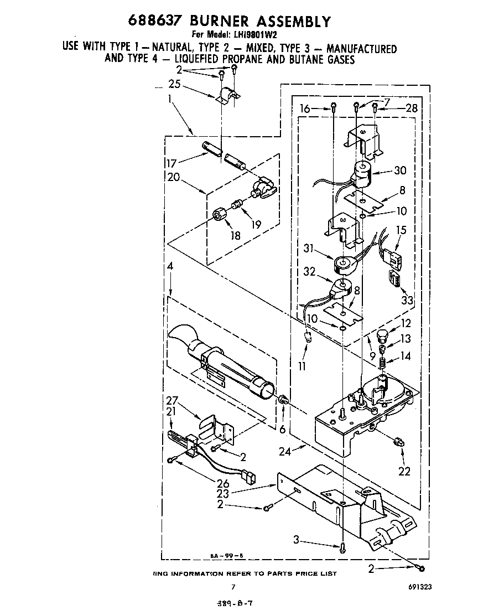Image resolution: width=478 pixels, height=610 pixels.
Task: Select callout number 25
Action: pyautogui.click(x=174, y=85)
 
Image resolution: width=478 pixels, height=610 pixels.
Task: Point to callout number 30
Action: pyautogui.click(x=399, y=170)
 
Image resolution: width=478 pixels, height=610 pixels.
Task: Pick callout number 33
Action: pyautogui.click(x=408, y=301)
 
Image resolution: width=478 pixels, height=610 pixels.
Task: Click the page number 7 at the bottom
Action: pyautogui.click(x=233, y=587)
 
